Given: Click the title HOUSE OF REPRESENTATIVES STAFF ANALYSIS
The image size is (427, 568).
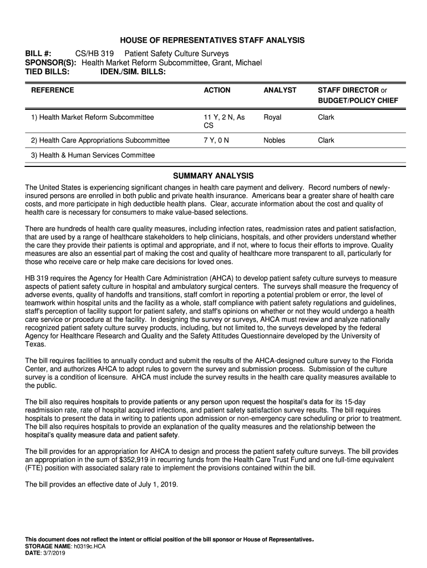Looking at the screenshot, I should (213, 40).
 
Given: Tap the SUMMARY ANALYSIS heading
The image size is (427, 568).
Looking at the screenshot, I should (213, 176).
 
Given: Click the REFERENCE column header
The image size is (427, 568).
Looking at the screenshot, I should (53, 90).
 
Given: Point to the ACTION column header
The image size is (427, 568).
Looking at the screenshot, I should (217, 90).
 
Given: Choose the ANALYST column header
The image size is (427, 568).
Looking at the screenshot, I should (280, 90).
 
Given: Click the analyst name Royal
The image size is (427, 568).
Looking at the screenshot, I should (272, 118).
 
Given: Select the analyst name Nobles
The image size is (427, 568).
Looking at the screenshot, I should (274, 140).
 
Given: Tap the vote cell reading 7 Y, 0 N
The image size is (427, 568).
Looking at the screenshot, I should (216, 140).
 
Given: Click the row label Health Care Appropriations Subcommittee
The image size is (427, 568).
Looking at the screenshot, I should (100, 140).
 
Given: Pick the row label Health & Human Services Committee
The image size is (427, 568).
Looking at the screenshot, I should (93, 155).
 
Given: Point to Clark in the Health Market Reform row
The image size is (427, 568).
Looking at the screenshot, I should (326, 118).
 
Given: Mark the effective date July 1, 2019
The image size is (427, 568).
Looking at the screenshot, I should (155, 484).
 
